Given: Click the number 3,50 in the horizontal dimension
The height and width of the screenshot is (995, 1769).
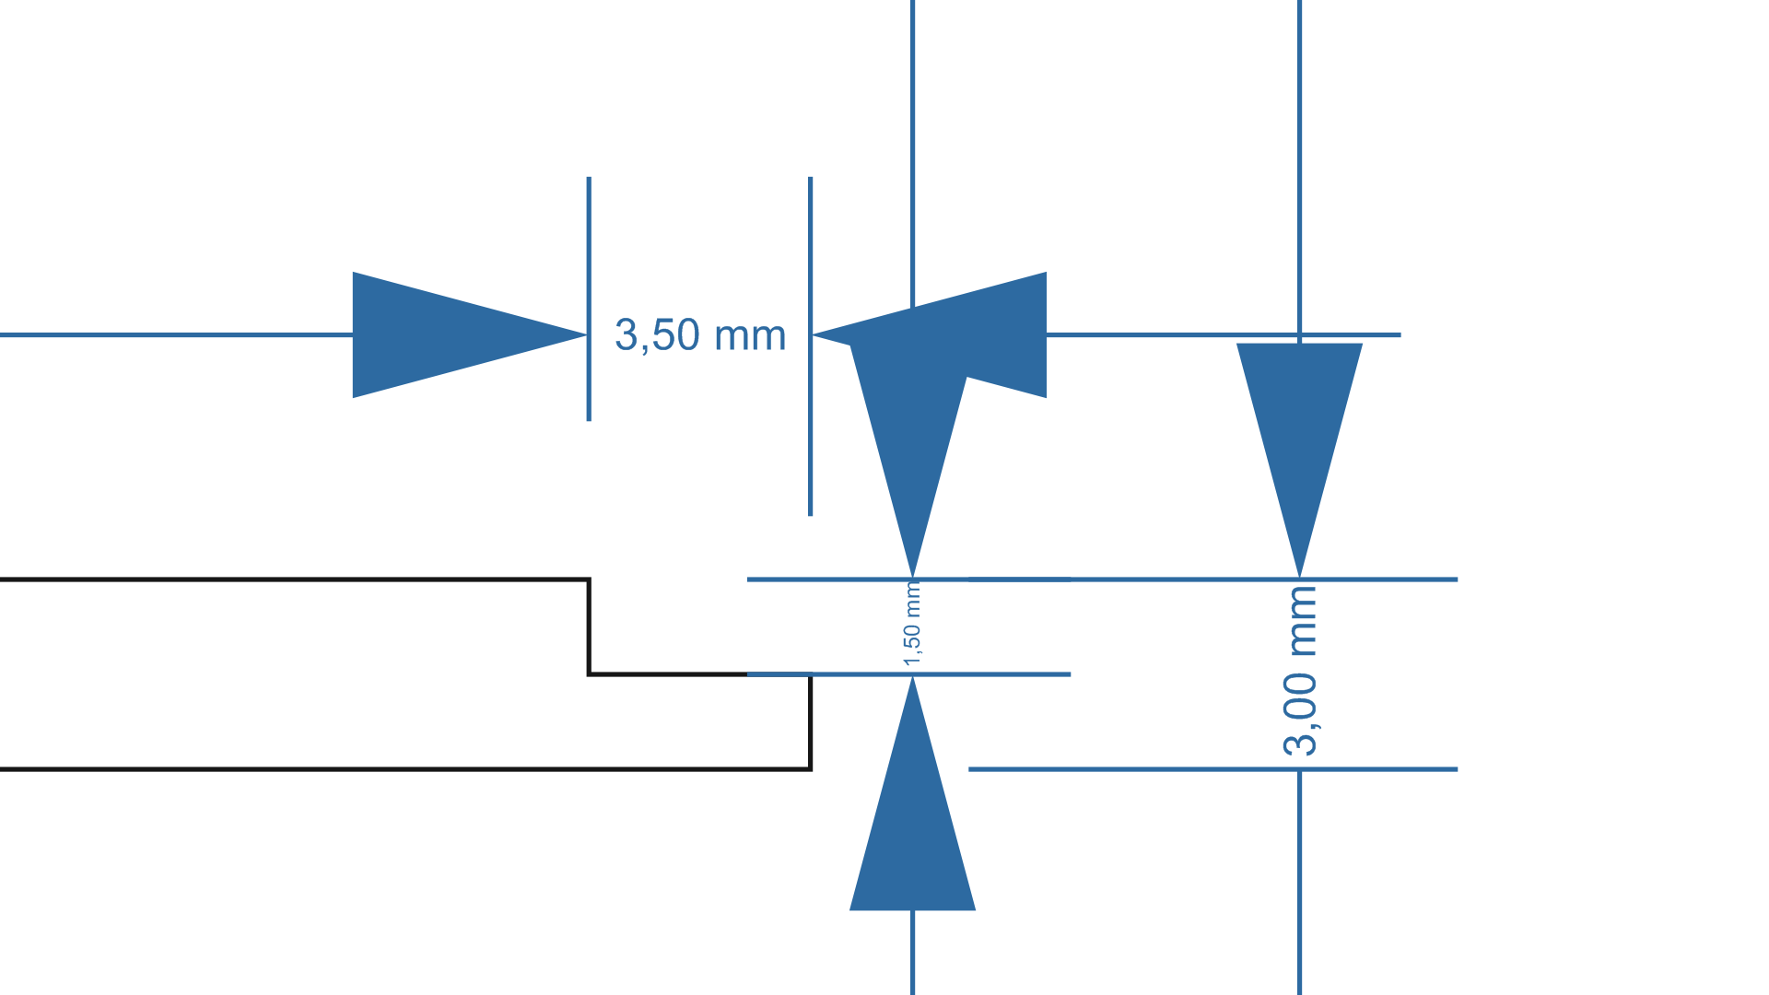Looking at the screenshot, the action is point(657,335).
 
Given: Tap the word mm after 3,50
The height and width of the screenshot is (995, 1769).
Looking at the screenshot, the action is point(750,337).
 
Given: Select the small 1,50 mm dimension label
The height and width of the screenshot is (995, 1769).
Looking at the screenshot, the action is point(912,624).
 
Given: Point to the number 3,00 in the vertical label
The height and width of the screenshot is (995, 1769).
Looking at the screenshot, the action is point(1299,715).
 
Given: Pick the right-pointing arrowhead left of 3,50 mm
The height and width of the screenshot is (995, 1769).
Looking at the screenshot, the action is point(470,334).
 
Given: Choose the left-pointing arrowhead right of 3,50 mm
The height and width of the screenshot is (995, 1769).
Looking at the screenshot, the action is point(929,334).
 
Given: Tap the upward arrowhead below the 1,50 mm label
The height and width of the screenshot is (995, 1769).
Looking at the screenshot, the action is point(912,793).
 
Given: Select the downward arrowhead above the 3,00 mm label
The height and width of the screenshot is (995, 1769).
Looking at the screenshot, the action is point(1299,461).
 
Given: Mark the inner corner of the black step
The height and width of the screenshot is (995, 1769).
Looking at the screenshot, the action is point(589,674).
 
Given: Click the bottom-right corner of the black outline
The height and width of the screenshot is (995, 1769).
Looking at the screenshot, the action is point(811,769).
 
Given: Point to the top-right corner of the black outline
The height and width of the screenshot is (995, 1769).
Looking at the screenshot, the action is point(589,579).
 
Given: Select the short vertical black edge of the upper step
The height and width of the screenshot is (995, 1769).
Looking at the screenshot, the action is point(589,626).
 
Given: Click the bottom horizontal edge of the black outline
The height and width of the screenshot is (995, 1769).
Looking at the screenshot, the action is point(405,769).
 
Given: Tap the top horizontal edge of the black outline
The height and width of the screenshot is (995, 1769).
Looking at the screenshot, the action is point(295,579).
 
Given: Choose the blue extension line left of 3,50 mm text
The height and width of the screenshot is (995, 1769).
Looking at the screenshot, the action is point(589,299).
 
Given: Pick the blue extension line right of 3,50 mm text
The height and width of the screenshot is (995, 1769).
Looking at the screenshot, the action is point(811,346).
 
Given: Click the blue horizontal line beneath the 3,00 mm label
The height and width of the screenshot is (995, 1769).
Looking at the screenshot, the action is point(1213,769).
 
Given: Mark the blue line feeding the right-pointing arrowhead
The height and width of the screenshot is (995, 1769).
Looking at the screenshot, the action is point(176,334).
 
